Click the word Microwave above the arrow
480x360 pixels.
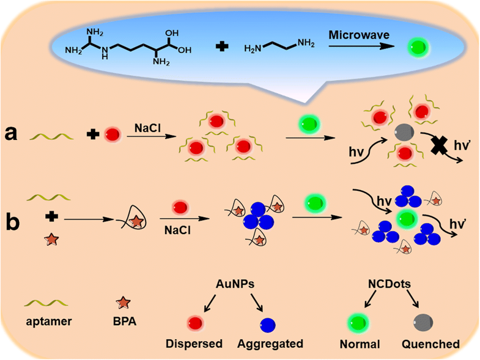359,35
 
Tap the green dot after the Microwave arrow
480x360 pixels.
418,48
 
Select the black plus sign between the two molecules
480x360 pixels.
222,47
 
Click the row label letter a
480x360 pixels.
11,134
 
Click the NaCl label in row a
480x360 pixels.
147,128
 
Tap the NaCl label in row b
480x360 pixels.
177,230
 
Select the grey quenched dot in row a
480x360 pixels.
404,133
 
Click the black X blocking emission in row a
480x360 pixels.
438,145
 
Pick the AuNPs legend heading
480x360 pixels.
235,284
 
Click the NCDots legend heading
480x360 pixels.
390,284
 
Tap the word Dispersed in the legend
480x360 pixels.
194,343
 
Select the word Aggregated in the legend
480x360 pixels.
270,343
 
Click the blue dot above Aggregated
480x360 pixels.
268,325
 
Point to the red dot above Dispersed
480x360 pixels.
195,323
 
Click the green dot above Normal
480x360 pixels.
358,322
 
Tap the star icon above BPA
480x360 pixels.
124,303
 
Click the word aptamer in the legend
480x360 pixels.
49,321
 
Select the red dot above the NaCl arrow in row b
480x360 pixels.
180,208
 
